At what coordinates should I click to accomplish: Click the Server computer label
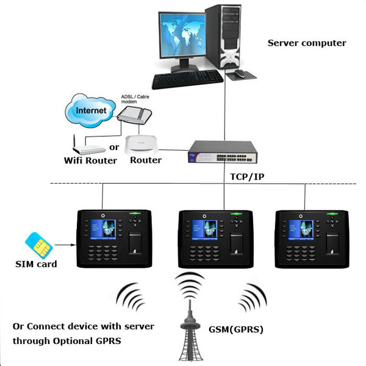(307, 43)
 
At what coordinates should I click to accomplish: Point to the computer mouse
(239, 74)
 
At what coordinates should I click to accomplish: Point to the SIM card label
(36, 264)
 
